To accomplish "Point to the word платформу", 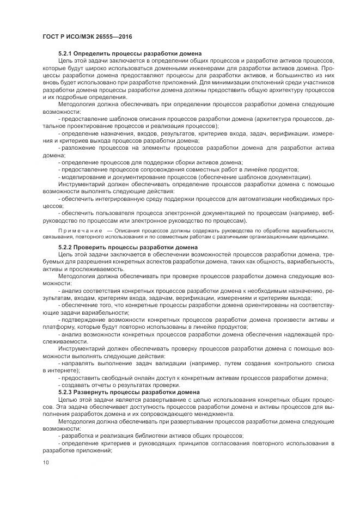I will coord(59,327).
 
